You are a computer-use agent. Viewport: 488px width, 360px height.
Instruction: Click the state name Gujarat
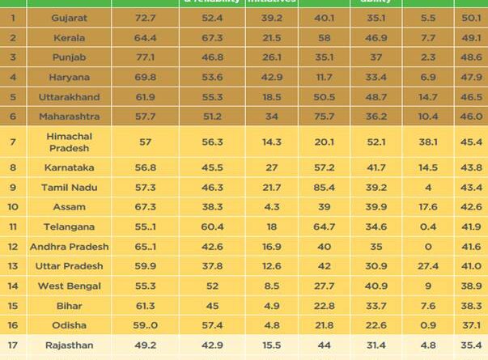(x=70, y=16)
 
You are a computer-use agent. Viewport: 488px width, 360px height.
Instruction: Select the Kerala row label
(x=70, y=37)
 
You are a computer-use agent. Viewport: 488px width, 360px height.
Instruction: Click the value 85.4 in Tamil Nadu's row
(x=328, y=188)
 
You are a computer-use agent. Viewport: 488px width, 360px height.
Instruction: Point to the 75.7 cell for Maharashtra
(x=328, y=116)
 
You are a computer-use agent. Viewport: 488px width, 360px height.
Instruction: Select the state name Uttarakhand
(x=70, y=97)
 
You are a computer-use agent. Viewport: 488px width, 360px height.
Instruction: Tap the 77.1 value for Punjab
(x=146, y=57)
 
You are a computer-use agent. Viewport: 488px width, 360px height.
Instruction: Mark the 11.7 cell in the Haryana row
(x=328, y=77)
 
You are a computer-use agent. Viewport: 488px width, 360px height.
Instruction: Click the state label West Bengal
(x=70, y=286)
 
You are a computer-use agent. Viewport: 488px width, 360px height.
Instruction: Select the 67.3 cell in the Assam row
(x=146, y=207)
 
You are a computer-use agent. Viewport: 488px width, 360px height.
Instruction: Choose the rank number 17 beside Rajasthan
(x=13, y=345)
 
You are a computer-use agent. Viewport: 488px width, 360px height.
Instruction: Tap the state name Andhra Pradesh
(x=70, y=247)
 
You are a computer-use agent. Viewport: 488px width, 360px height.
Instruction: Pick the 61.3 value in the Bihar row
(x=146, y=306)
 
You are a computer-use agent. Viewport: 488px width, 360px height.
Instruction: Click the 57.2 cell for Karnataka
(x=328, y=167)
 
